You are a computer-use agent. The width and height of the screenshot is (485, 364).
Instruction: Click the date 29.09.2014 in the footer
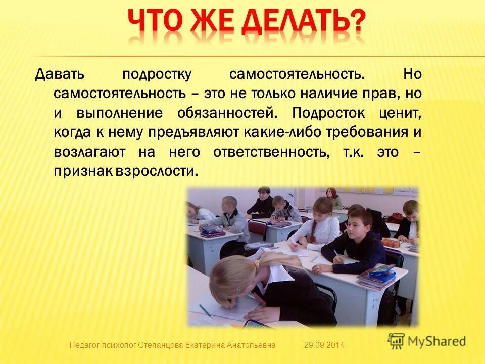click(324, 345)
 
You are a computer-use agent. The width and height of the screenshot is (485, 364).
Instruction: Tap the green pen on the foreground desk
click(205, 310)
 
